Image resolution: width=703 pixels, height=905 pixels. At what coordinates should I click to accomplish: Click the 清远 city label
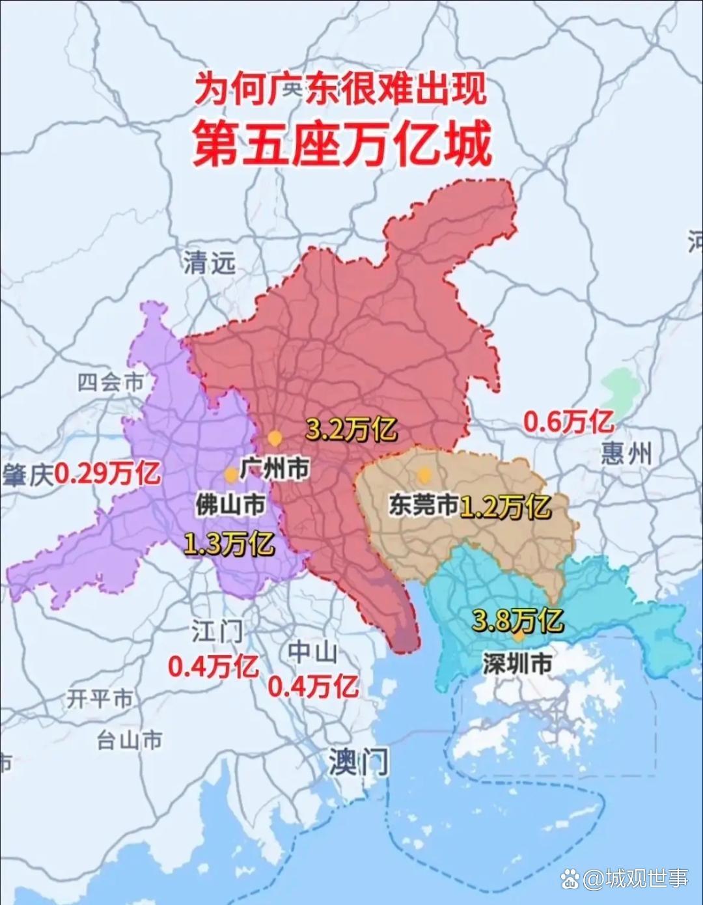(x=209, y=262)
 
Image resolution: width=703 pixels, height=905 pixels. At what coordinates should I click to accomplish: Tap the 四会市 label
(x=110, y=382)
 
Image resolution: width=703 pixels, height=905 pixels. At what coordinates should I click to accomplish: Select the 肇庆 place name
(x=27, y=475)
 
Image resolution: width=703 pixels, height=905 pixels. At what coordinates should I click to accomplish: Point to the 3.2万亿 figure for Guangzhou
(x=351, y=429)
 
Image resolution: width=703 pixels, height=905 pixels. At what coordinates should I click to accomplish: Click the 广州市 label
(x=274, y=467)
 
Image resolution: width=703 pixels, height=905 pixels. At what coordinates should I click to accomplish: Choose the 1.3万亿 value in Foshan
(x=228, y=543)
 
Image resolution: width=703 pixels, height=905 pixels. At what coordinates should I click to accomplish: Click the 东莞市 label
(x=424, y=505)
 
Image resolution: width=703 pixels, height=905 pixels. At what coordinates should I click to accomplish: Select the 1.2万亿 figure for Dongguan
(x=505, y=506)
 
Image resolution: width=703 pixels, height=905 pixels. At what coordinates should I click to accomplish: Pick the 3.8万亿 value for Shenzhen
(x=517, y=620)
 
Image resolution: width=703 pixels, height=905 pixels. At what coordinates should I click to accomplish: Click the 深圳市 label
(x=517, y=663)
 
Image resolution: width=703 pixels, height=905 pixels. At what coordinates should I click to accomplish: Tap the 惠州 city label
(x=626, y=452)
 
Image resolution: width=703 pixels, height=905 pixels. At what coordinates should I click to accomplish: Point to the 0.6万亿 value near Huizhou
(x=568, y=422)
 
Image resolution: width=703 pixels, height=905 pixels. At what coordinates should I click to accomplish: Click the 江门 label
(x=217, y=631)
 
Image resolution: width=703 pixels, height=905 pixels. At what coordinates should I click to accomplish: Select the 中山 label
(x=312, y=651)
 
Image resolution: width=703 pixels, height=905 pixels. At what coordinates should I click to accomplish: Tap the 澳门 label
(x=358, y=761)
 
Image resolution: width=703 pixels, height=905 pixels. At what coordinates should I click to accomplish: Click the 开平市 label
(x=100, y=699)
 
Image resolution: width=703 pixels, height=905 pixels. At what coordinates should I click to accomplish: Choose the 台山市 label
(x=129, y=740)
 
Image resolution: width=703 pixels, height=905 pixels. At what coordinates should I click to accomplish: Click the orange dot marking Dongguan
(x=424, y=474)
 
